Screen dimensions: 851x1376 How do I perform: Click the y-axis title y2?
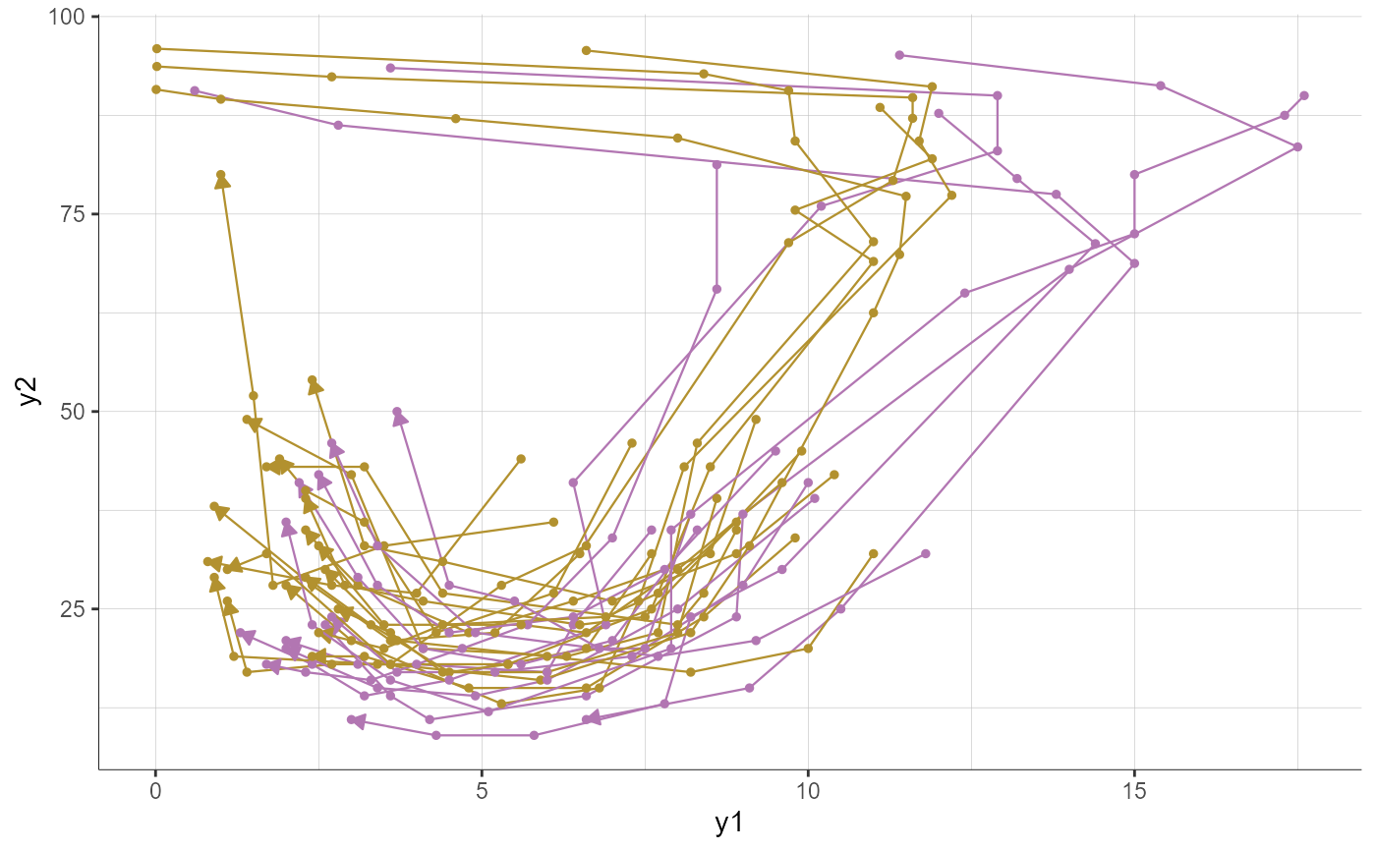click(29, 391)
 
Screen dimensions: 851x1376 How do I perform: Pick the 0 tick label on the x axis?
click(155, 792)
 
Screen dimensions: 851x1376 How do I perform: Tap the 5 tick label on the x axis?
click(482, 792)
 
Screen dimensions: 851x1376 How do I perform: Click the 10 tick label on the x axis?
click(808, 792)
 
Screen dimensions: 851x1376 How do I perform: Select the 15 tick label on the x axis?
click(1134, 792)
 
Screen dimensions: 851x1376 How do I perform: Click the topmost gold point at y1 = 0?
click(156, 48)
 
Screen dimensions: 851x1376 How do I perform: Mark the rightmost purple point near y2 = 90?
click(1304, 95)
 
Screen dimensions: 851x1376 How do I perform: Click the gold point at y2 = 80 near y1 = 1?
click(220, 175)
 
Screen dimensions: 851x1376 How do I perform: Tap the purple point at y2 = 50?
click(397, 412)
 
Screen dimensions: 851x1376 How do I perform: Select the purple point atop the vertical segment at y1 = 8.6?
click(717, 164)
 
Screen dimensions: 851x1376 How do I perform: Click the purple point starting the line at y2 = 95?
click(899, 55)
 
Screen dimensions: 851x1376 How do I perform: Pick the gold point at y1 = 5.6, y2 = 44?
click(521, 459)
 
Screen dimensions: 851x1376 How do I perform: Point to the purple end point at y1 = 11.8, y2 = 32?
click(925, 553)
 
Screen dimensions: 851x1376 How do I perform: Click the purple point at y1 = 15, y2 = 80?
click(1134, 175)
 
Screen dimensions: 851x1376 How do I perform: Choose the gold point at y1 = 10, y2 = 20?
click(808, 648)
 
